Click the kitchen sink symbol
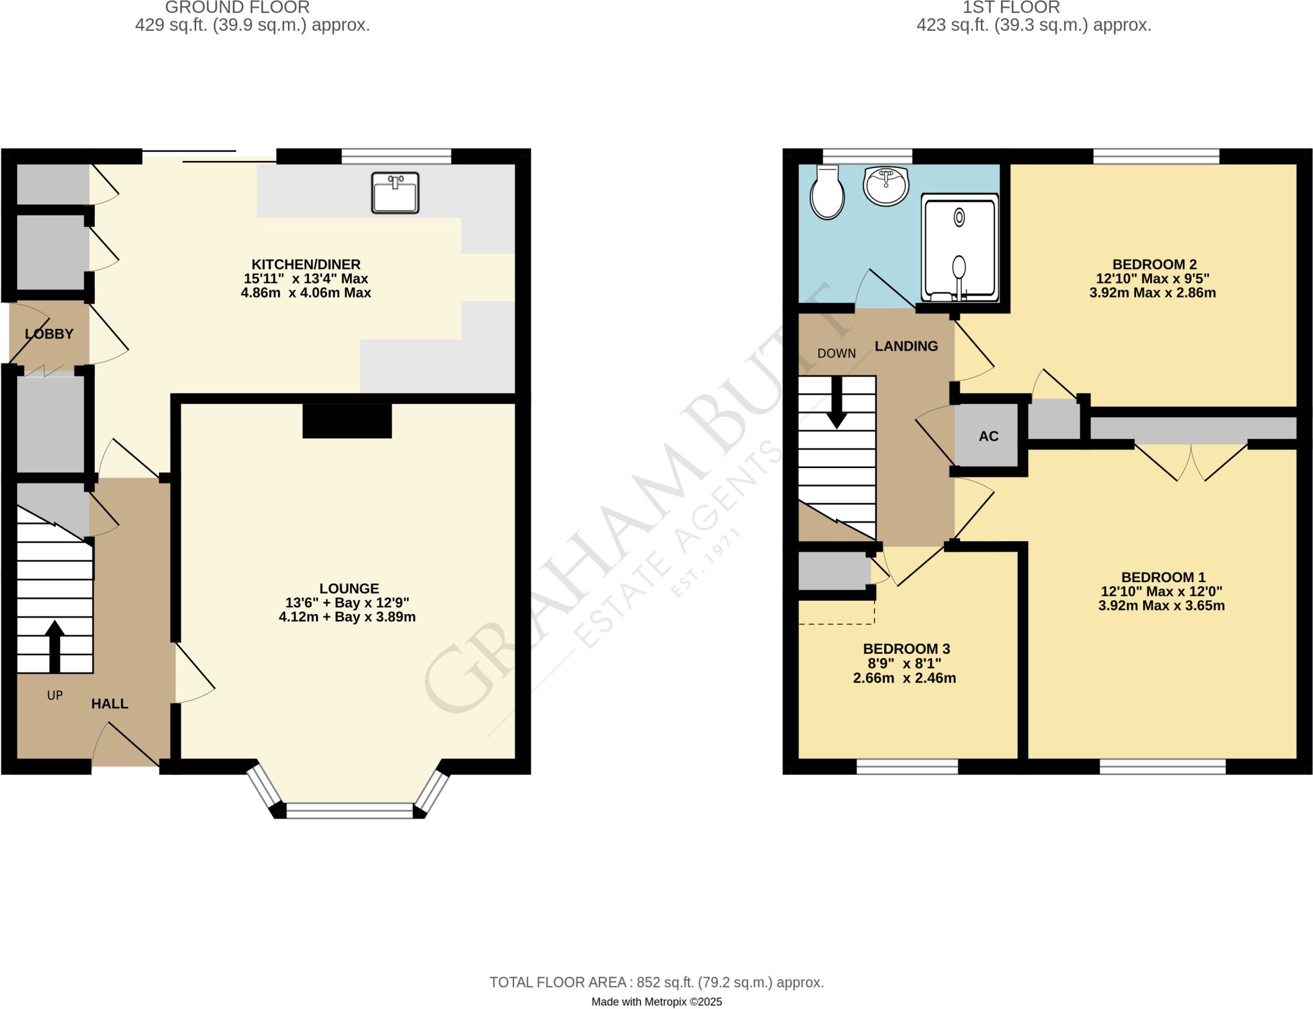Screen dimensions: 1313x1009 click(x=395, y=192)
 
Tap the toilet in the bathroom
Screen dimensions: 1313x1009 click(x=827, y=192)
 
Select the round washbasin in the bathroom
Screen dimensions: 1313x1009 click(x=886, y=186)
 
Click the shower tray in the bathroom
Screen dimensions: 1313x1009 click(x=960, y=248)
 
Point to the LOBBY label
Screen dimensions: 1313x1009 click(x=49, y=334)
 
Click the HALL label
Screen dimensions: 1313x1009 click(x=110, y=704)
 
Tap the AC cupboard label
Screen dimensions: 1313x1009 click(x=989, y=437)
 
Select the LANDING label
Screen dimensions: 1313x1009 click(x=907, y=346)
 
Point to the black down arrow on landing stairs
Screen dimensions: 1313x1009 click(x=837, y=402)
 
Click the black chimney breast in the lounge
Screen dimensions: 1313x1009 click(x=347, y=421)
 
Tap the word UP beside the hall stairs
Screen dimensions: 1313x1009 click(x=55, y=696)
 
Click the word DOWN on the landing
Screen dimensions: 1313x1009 click(x=837, y=354)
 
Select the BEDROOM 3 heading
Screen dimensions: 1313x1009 click(x=906, y=649)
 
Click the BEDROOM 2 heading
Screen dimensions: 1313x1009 click(x=1155, y=264)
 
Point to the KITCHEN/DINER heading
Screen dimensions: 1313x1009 click(x=306, y=264)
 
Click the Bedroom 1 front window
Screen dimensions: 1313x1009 click(x=1163, y=767)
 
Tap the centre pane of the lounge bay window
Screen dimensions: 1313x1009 click(x=350, y=811)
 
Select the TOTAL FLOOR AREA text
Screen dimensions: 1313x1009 click(x=656, y=982)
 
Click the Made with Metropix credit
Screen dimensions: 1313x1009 click(x=656, y=1002)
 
